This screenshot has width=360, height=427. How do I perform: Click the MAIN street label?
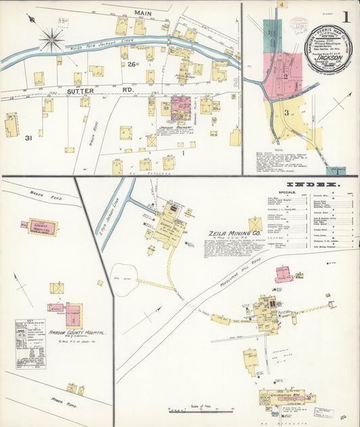click(143, 13)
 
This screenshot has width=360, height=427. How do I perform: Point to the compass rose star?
click(51, 40)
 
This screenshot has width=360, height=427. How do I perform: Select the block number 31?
click(29, 139)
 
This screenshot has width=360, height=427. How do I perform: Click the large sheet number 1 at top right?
click(345, 18)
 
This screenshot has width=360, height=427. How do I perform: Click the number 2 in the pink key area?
click(286, 76)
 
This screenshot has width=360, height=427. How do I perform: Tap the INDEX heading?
click(313, 184)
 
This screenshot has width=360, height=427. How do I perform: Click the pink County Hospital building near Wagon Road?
click(41, 226)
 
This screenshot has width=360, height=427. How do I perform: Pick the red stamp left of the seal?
click(297, 24)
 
